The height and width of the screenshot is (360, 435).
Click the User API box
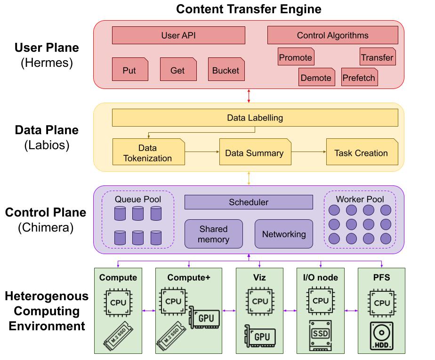click(x=178, y=35)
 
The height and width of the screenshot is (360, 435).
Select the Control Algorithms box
click(x=332, y=35)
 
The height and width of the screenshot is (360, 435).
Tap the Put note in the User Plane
click(x=129, y=70)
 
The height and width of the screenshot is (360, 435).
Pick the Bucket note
click(x=226, y=70)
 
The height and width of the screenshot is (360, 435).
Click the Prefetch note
click(x=359, y=78)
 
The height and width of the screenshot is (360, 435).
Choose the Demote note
click(x=316, y=78)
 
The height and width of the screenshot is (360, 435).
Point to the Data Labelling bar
click(x=255, y=118)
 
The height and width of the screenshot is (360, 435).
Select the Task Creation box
click(x=361, y=152)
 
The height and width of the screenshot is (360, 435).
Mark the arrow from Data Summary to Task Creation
click(x=308, y=152)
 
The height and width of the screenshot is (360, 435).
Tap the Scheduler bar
click(x=249, y=202)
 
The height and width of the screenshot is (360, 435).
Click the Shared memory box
click(x=213, y=234)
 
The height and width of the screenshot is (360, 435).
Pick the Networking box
click(x=284, y=234)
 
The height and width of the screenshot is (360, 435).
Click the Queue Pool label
click(x=138, y=200)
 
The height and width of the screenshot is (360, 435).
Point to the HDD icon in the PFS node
click(x=381, y=336)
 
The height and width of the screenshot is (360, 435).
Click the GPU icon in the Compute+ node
click(x=204, y=319)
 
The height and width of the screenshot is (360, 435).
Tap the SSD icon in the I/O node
click(x=321, y=335)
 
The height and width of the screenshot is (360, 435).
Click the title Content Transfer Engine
click(x=249, y=9)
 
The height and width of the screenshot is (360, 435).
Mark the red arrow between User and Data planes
click(x=249, y=96)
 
